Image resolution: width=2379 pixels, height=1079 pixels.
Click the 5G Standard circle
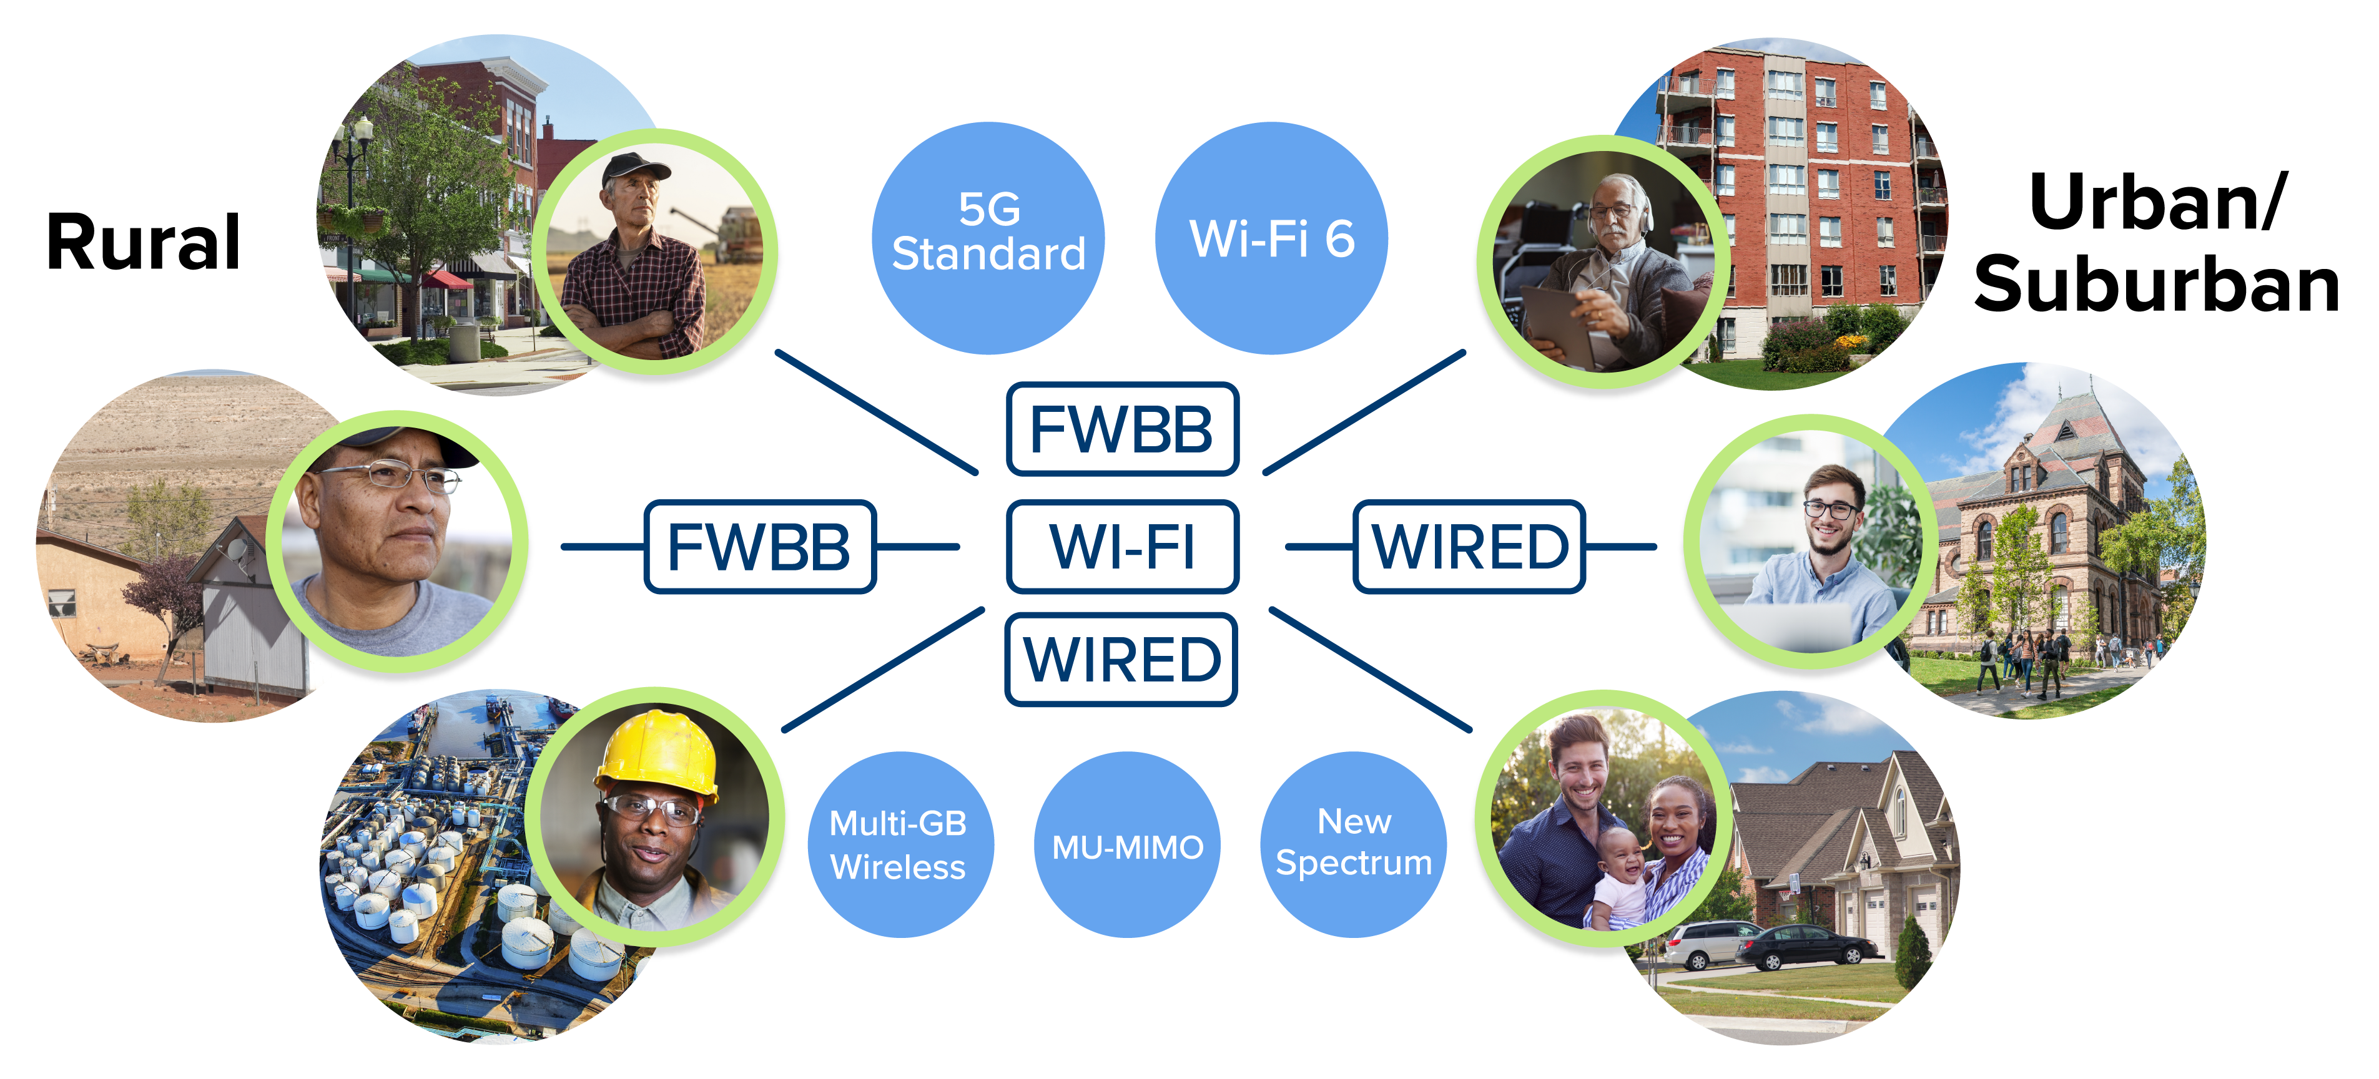[988, 238]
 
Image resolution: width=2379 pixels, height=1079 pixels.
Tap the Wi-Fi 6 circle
[1272, 238]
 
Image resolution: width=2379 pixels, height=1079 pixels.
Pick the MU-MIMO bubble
[1128, 844]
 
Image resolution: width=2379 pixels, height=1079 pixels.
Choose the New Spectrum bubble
[1354, 844]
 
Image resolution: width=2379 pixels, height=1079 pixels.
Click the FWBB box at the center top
[1122, 429]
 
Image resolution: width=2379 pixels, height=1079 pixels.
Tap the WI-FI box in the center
[1122, 547]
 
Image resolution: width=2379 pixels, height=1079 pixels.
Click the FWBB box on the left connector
[760, 547]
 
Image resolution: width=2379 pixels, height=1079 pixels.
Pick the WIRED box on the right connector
[1469, 547]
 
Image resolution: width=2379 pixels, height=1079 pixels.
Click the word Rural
[143, 242]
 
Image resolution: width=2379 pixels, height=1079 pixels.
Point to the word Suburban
[2157, 285]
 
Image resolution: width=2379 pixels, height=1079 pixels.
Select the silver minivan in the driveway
[1710, 944]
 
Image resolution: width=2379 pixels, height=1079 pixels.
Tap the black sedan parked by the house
[1806, 946]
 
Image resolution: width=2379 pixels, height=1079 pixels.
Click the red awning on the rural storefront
[449, 280]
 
